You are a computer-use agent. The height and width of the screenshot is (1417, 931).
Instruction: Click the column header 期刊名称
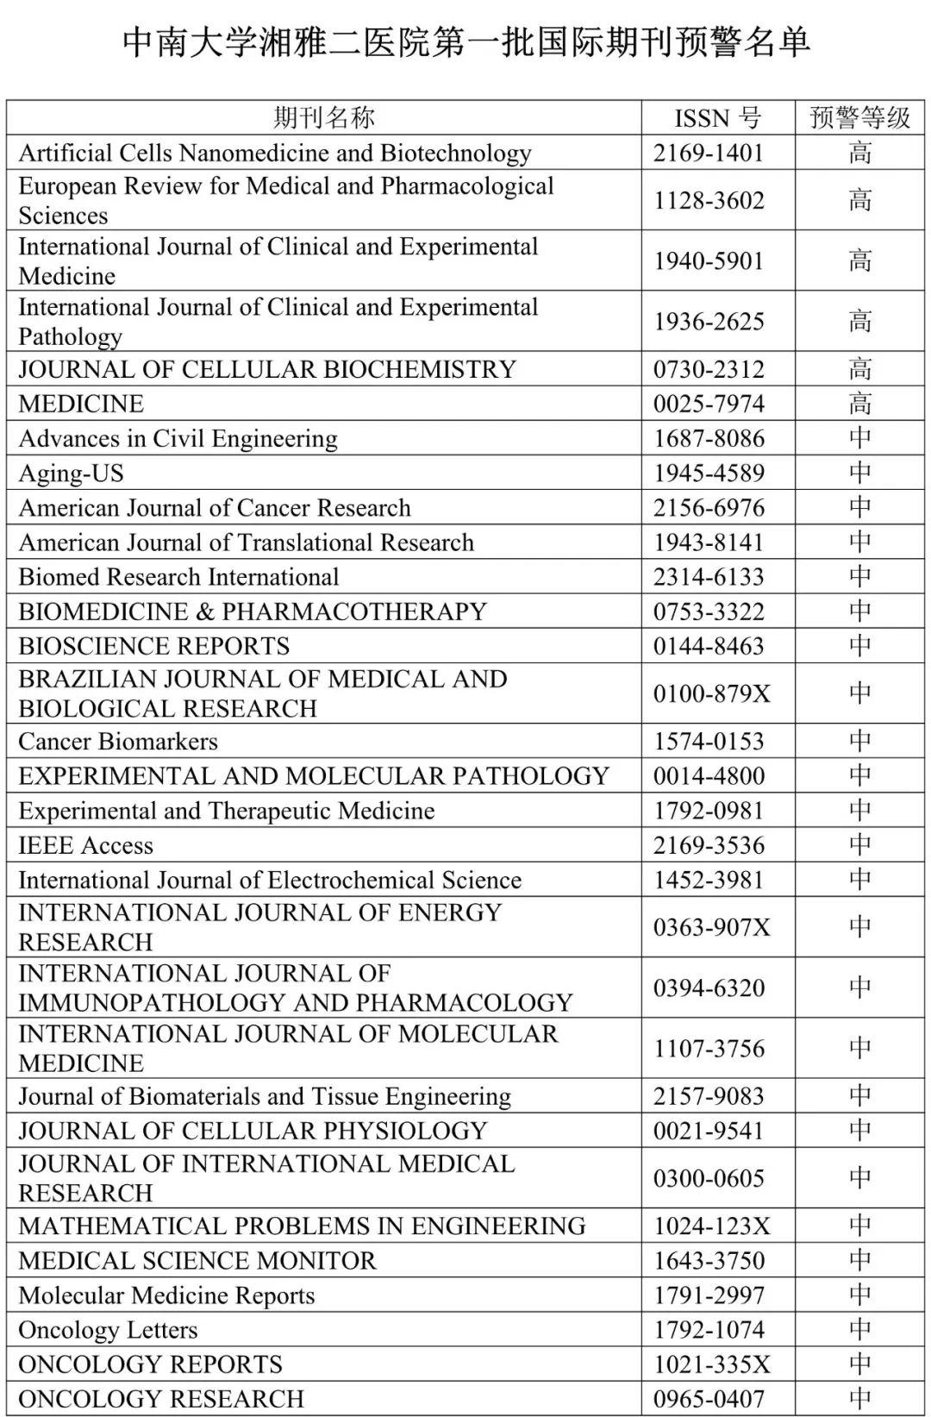[324, 117]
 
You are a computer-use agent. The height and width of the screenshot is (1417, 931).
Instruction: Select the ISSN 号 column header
[717, 117]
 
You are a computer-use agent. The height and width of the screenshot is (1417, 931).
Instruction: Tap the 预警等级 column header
[859, 117]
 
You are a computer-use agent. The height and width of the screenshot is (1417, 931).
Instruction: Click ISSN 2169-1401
[709, 153]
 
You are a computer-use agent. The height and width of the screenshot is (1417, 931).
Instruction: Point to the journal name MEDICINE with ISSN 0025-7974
[81, 404]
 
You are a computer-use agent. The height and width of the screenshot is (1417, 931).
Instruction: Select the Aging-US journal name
[71, 473]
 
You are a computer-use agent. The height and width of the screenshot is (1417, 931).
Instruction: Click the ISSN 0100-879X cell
[711, 693]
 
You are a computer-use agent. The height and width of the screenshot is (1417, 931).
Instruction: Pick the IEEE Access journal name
[85, 845]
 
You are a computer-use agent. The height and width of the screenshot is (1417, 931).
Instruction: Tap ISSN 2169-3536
[709, 845]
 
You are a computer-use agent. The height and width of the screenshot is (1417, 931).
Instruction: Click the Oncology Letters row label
[108, 1330]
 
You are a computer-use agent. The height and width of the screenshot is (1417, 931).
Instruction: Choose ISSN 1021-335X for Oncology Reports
[711, 1364]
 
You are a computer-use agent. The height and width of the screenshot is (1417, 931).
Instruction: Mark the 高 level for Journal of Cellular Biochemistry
[859, 369]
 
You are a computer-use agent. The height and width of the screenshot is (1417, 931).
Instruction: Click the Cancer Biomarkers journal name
[118, 742]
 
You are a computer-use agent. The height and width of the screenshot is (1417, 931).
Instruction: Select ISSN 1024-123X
[711, 1226]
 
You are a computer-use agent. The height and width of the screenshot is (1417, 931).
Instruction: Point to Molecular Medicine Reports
[166, 1295]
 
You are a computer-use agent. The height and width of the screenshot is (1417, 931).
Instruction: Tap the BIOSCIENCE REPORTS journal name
[153, 646]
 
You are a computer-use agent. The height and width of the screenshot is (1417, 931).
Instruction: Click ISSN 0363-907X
[711, 927]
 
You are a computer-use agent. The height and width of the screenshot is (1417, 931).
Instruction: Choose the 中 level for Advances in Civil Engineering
[859, 438]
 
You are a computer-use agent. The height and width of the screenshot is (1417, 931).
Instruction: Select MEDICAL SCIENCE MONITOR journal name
[197, 1261]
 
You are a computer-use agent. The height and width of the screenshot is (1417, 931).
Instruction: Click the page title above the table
[465, 41]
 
